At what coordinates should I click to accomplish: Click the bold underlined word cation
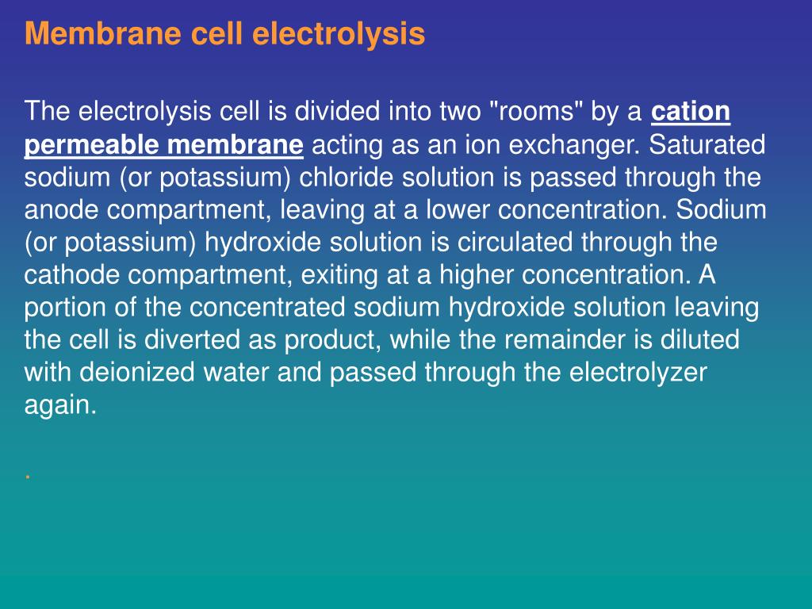pyautogui.click(x=690, y=112)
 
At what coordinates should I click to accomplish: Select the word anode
pyautogui.click(x=58, y=211)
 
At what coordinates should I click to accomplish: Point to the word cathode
pyautogui.click(x=68, y=275)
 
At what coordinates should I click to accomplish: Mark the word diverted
pyautogui.click(x=195, y=340)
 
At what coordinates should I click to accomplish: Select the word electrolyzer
pyautogui.click(x=639, y=373)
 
